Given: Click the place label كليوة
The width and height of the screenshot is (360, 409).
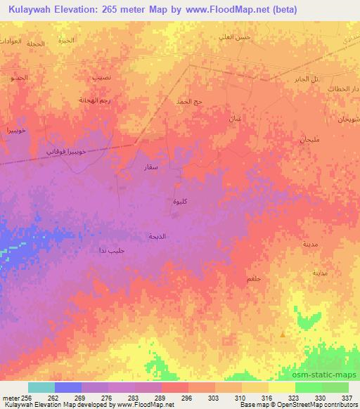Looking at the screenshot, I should [180, 201].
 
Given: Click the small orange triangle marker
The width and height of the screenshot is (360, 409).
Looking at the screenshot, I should [283, 335].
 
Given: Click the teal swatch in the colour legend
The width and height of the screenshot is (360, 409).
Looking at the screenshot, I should [41, 387].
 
